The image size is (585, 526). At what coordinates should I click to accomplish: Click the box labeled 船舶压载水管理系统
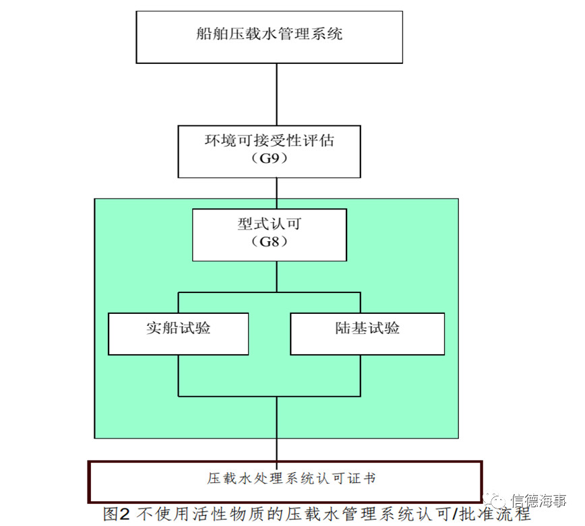(270, 37)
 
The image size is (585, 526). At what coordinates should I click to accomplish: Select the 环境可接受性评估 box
(270, 152)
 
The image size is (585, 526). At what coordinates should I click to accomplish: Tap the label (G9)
(270, 159)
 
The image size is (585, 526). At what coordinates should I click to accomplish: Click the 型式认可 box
(270, 235)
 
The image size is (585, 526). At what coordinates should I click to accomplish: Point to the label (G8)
(270, 242)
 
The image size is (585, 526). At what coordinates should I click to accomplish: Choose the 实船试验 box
(179, 334)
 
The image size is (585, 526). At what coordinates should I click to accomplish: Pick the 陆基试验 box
(367, 334)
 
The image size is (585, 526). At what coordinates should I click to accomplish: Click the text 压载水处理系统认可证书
(291, 479)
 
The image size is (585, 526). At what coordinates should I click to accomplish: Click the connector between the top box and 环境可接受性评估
(276, 94)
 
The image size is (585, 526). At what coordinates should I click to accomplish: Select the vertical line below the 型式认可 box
(276, 277)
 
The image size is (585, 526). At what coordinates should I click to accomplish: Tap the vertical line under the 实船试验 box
(179, 375)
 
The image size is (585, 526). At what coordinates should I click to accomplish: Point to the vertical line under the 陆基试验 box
(361, 375)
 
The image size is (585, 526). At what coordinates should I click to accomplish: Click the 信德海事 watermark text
(538, 500)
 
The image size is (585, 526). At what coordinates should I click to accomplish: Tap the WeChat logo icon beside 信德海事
(494, 500)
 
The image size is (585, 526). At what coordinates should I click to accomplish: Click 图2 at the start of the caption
(117, 515)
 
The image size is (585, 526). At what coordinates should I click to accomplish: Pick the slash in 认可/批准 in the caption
(454, 515)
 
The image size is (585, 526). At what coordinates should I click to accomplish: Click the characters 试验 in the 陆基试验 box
(384, 328)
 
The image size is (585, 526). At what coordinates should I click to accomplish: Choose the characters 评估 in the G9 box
(318, 141)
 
